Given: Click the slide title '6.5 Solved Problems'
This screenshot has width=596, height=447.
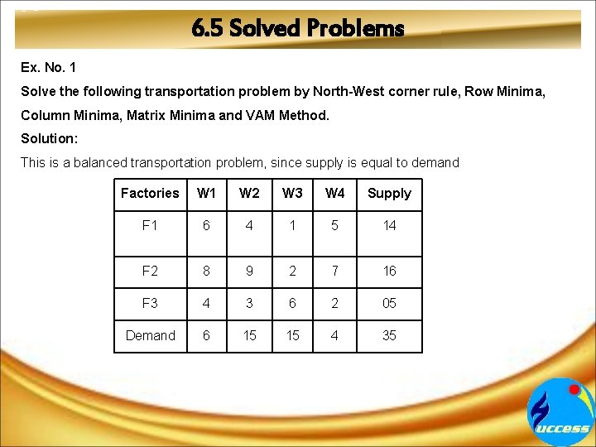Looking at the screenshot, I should pyautogui.click(x=297, y=29).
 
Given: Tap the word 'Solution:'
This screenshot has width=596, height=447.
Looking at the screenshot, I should pyautogui.click(x=48, y=138).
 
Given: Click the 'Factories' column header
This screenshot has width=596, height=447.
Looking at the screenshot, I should pyautogui.click(x=150, y=193).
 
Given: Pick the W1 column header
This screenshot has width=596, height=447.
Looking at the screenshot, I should pyautogui.click(x=206, y=193).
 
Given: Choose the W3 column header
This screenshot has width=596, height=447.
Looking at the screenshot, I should pyautogui.click(x=292, y=193).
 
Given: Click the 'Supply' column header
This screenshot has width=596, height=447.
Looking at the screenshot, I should pyautogui.click(x=389, y=193).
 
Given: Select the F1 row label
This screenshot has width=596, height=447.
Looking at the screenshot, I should pyautogui.click(x=150, y=225).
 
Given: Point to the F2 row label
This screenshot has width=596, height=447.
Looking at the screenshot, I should pyautogui.click(x=150, y=271).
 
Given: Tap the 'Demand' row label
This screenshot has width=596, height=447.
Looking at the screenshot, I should pyautogui.click(x=150, y=335).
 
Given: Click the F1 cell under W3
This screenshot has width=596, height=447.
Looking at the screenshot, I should pyautogui.click(x=292, y=225).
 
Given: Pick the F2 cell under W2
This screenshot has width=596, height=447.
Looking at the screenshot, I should pyautogui.click(x=249, y=271).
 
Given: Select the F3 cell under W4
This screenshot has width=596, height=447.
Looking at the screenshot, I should pyautogui.click(x=335, y=303).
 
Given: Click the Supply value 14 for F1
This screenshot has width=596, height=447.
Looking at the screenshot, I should pyautogui.click(x=389, y=225).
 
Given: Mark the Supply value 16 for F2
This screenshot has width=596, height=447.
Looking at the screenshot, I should pyautogui.click(x=389, y=271).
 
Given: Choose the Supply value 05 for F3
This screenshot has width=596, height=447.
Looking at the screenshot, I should pyautogui.click(x=389, y=303).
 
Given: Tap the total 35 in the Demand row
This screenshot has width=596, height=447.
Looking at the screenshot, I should pyautogui.click(x=389, y=335).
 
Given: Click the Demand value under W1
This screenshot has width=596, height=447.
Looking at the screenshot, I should pyautogui.click(x=206, y=335).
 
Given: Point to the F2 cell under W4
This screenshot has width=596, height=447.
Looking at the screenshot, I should pyautogui.click(x=335, y=271).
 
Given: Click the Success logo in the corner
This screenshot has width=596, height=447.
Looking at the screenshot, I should pyautogui.click(x=561, y=413).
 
